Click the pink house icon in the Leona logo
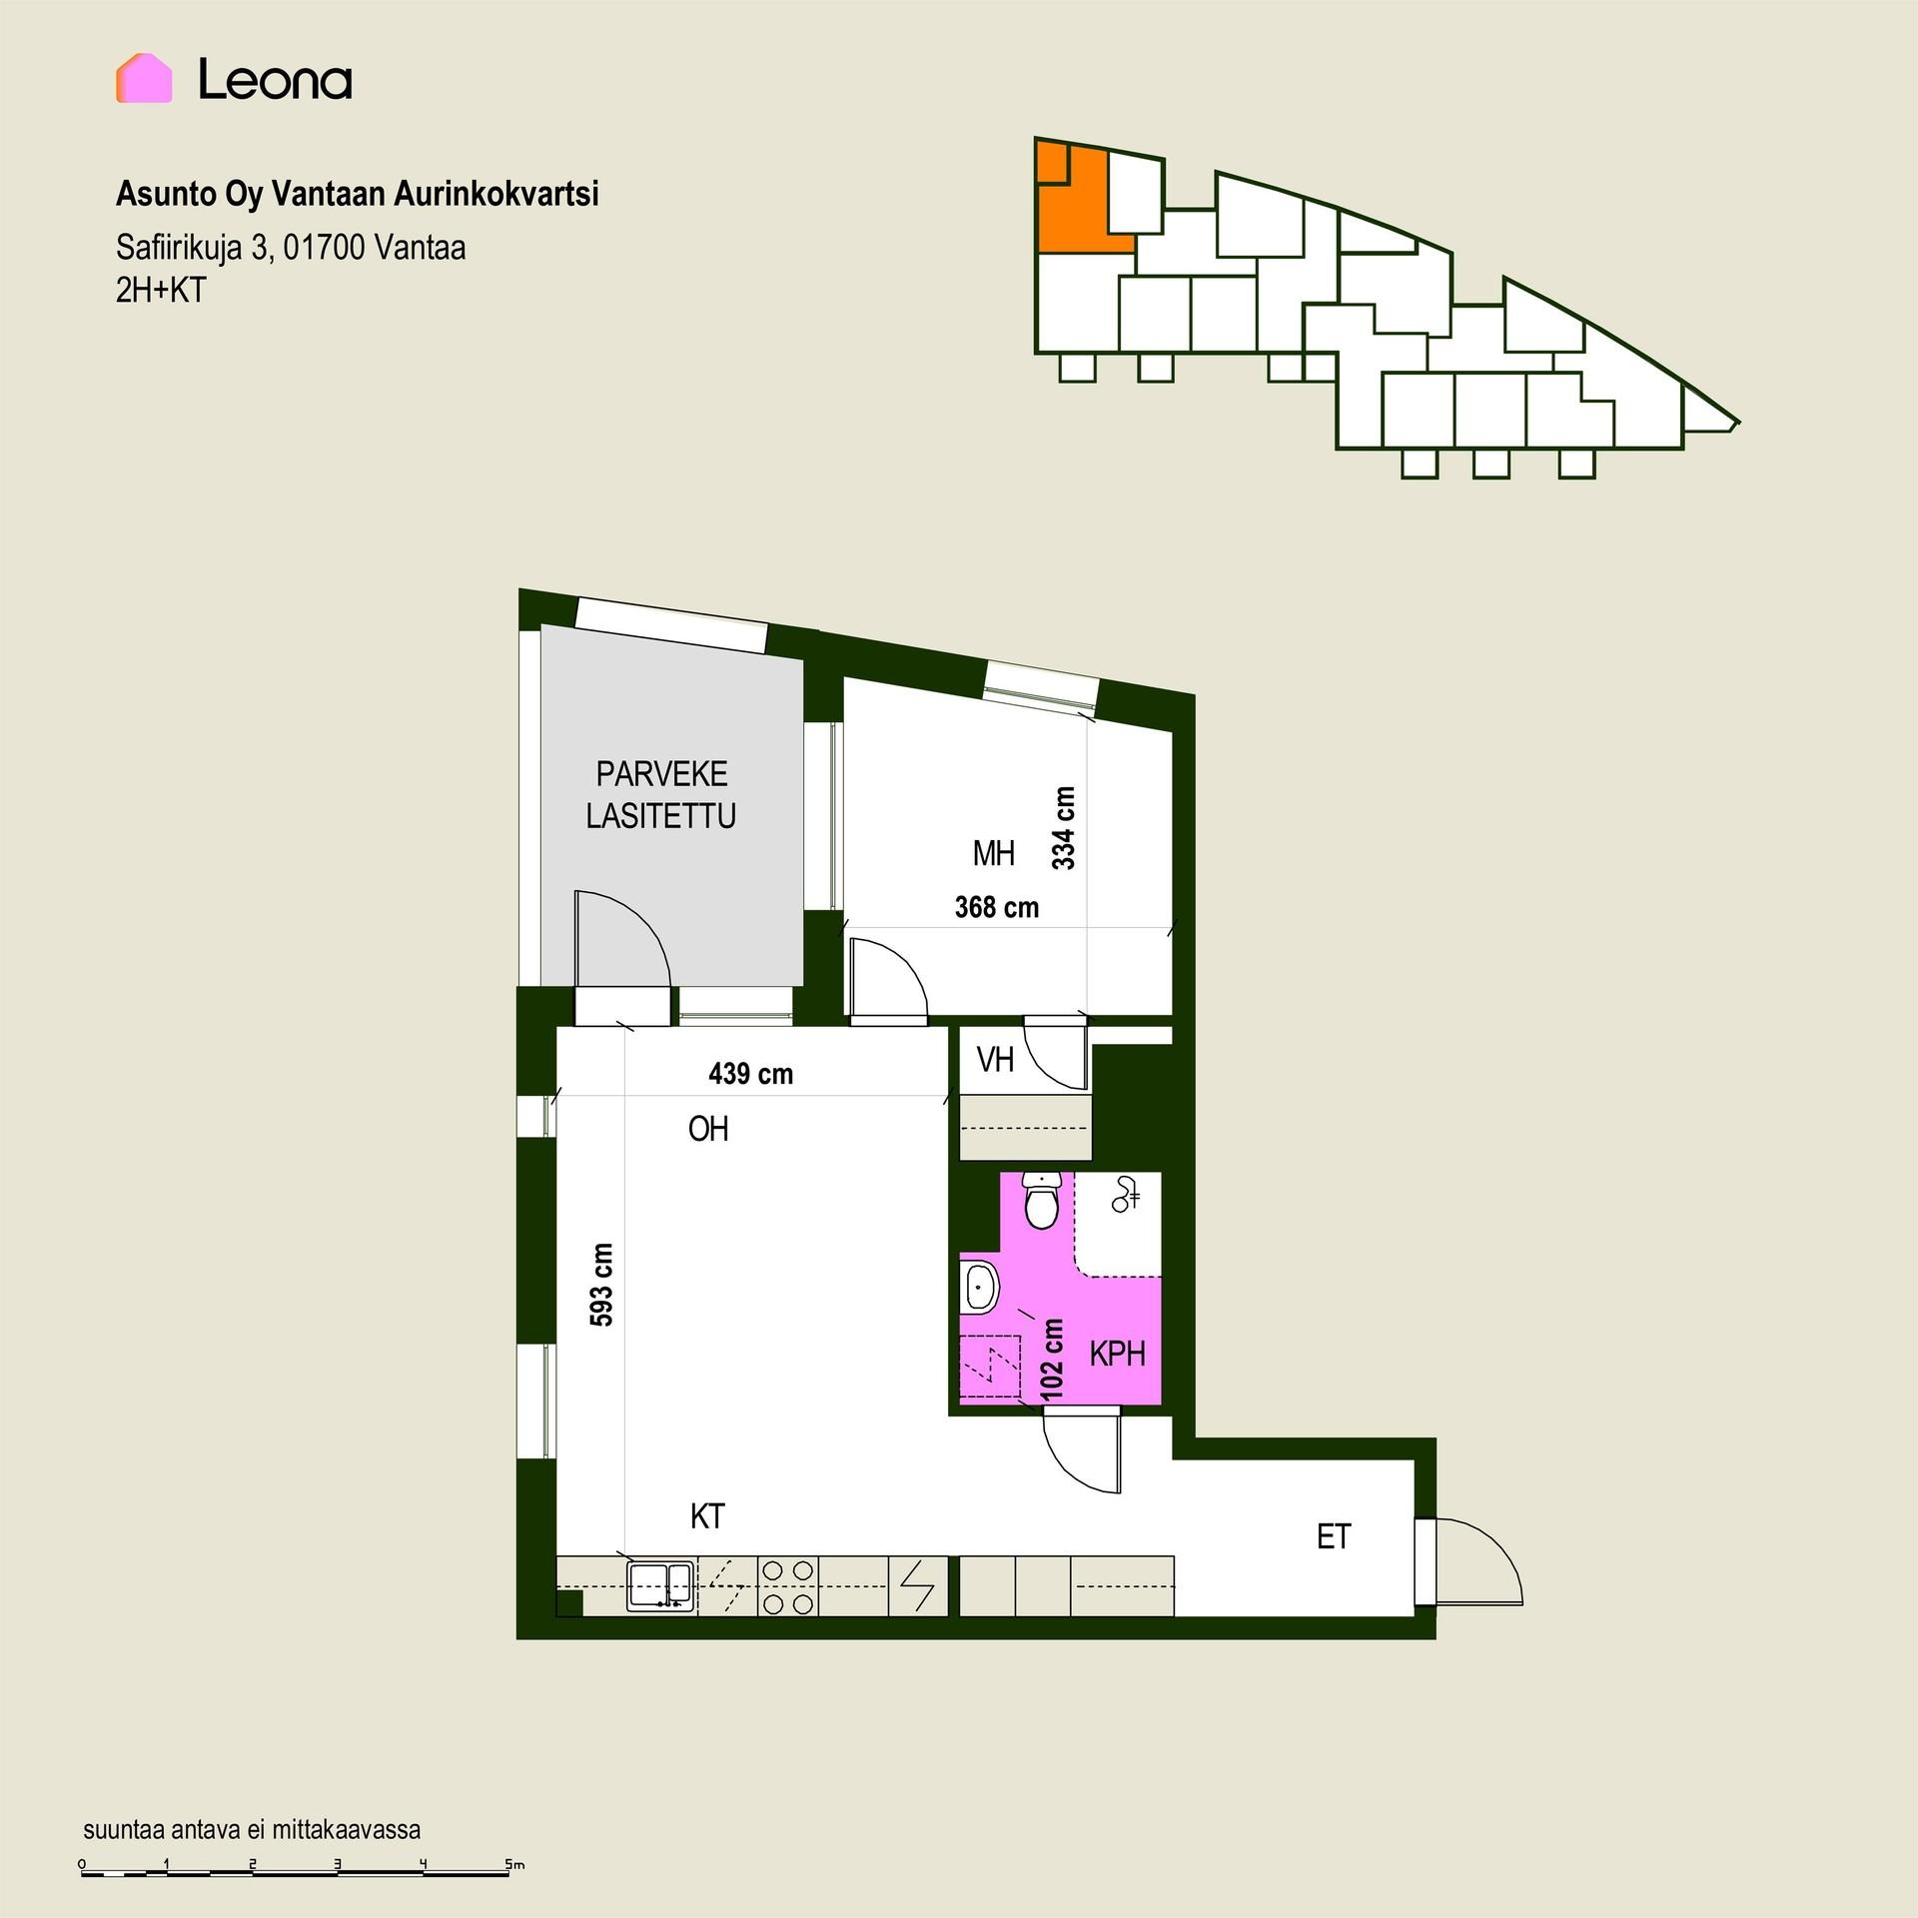click(144, 78)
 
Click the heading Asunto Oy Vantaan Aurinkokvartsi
click(358, 194)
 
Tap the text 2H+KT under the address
click(161, 290)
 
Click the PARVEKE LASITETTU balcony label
click(661, 795)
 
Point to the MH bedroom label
click(994, 854)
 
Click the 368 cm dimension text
click(997, 907)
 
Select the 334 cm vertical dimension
click(1064, 828)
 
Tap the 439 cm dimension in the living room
click(751, 1074)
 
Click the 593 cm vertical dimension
click(601, 1285)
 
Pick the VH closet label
click(995, 1060)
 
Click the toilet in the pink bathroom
click(1043, 1202)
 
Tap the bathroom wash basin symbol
click(979, 1286)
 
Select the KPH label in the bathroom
click(1117, 1355)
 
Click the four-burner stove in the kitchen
click(787, 1585)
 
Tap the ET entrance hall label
click(1334, 1536)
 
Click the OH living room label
click(708, 1130)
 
